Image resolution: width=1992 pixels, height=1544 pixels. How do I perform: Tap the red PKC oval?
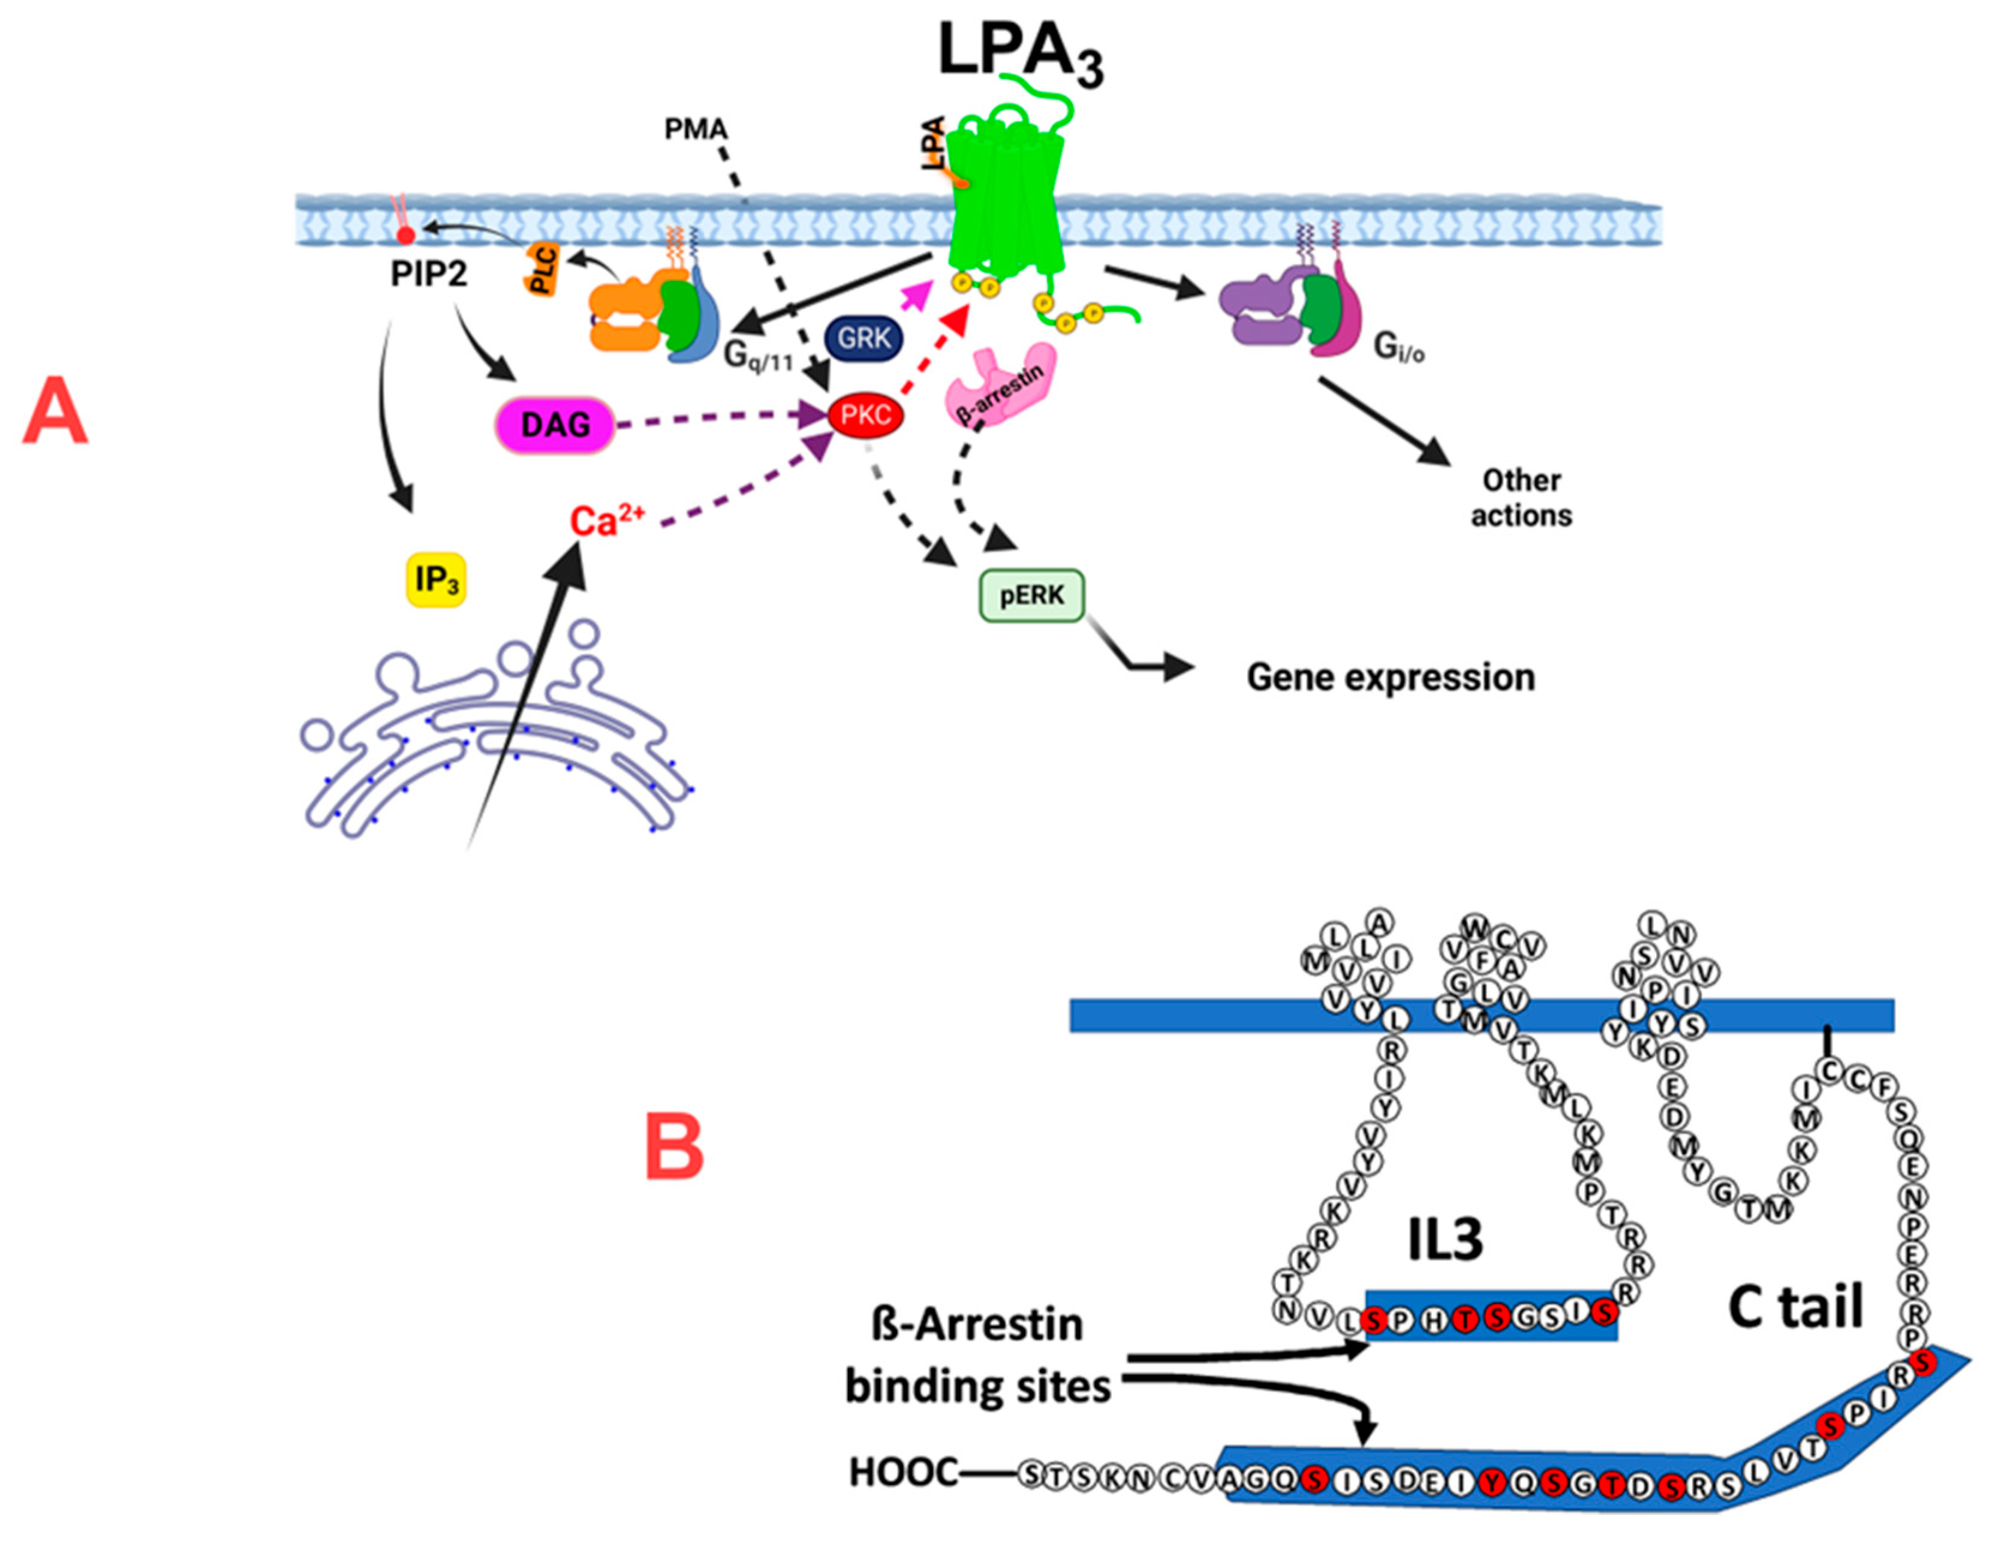(865, 416)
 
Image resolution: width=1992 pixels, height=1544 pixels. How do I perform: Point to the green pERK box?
(1031, 595)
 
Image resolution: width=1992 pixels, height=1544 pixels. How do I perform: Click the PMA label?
(696, 130)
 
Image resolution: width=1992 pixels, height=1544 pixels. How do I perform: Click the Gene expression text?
(1390, 678)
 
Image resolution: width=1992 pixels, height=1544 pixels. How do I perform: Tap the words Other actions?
(1521, 498)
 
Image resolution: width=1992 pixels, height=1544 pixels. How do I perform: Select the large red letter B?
(675, 1147)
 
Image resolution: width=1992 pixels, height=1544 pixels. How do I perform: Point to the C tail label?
(1795, 1306)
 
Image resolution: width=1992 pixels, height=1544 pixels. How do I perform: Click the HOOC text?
(903, 1472)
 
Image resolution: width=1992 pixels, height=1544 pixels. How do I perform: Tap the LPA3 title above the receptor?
(1020, 56)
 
